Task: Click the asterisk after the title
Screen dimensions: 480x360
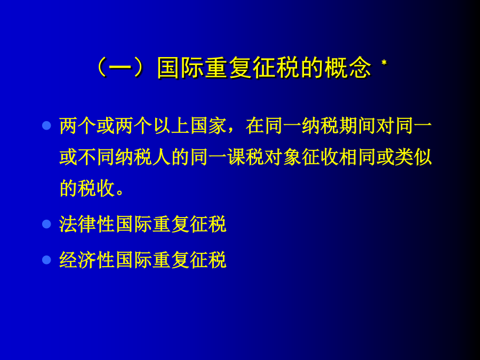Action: pyautogui.click(x=384, y=63)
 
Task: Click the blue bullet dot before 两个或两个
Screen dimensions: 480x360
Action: pyautogui.click(x=46, y=125)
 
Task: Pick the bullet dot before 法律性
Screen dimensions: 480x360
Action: pyautogui.click(x=46, y=224)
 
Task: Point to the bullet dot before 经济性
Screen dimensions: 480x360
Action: pyautogui.click(x=46, y=260)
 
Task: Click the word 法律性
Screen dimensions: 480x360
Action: pyautogui.click(x=87, y=224)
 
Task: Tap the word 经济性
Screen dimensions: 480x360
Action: pyautogui.click(x=87, y=260)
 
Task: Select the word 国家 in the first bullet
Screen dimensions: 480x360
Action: pyautogui.click(x=209, y=126)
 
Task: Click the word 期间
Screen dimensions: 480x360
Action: pyautogui.click(x=357, y=126)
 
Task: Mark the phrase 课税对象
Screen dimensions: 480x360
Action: pyautogui.click(x=264, y=157)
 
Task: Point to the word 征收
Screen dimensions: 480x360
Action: pyautogui.click(x=320, y=157)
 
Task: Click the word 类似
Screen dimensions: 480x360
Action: pyautogui.click(x=413, y=157)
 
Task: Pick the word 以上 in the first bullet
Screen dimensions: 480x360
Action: pyautogui.click(x=171, y=126)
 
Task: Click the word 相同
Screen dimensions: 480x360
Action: pyautogui.click(x=357, y=157)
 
